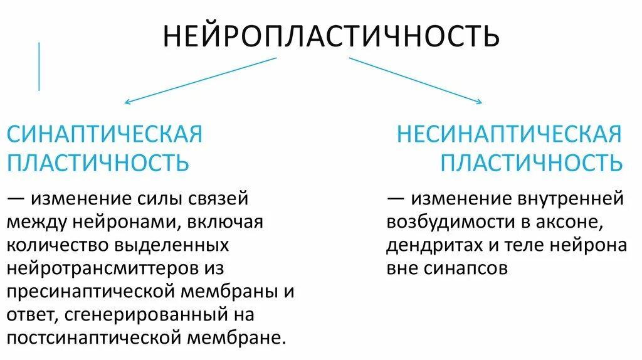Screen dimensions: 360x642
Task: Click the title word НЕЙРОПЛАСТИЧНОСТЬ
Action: coord(331,36)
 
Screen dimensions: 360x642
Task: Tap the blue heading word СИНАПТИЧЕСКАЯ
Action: coord(104,134)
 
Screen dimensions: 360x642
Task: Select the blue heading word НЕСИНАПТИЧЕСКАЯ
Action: coord(508,134)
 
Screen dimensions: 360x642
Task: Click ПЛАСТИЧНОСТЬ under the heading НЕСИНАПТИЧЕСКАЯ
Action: coord(531,162)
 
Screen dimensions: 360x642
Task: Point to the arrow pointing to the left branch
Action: coord(200,80)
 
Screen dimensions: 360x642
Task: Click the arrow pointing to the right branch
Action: coord(415,80)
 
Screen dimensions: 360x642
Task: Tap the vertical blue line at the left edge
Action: coord(39,66)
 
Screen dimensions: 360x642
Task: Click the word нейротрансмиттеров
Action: coord(103,268)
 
